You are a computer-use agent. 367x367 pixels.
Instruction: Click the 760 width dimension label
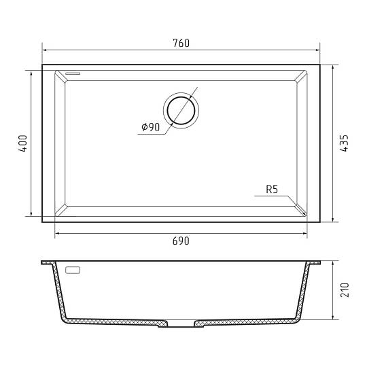(x=181, y=43)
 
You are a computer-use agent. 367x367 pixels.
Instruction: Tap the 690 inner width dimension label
(x=181, y=241)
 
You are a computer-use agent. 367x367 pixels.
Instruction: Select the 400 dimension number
(x=23, y=143)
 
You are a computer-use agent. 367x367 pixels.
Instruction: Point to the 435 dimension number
(x=344, y=143)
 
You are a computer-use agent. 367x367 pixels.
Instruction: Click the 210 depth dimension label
(x=345, y=290)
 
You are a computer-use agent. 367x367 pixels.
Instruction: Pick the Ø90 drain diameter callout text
(x=150, y=127)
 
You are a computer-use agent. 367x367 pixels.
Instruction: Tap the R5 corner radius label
(x=272, y=190)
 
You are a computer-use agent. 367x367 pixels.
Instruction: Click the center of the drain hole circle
(x=181, y=111)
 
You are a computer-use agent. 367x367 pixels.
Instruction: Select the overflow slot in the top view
(x=73, y=73)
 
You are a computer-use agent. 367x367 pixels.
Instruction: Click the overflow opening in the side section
(x=73, y=270)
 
